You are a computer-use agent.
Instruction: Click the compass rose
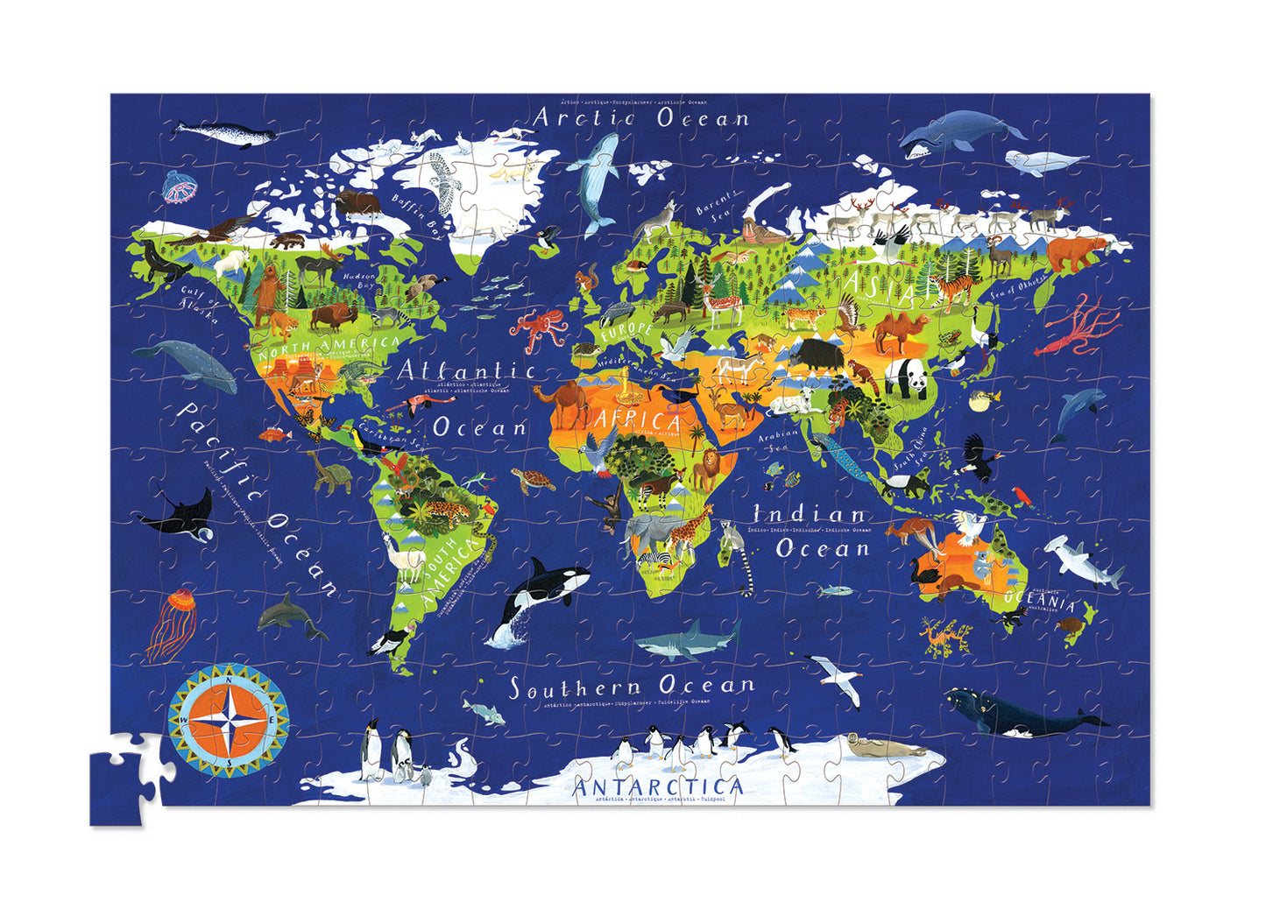point(229,720)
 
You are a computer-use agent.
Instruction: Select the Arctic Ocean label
point(642,117)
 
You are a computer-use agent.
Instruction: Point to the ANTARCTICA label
point(657,786)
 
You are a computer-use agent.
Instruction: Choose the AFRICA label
point(638,419)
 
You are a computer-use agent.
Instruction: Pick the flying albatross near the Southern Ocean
point(835,679)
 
